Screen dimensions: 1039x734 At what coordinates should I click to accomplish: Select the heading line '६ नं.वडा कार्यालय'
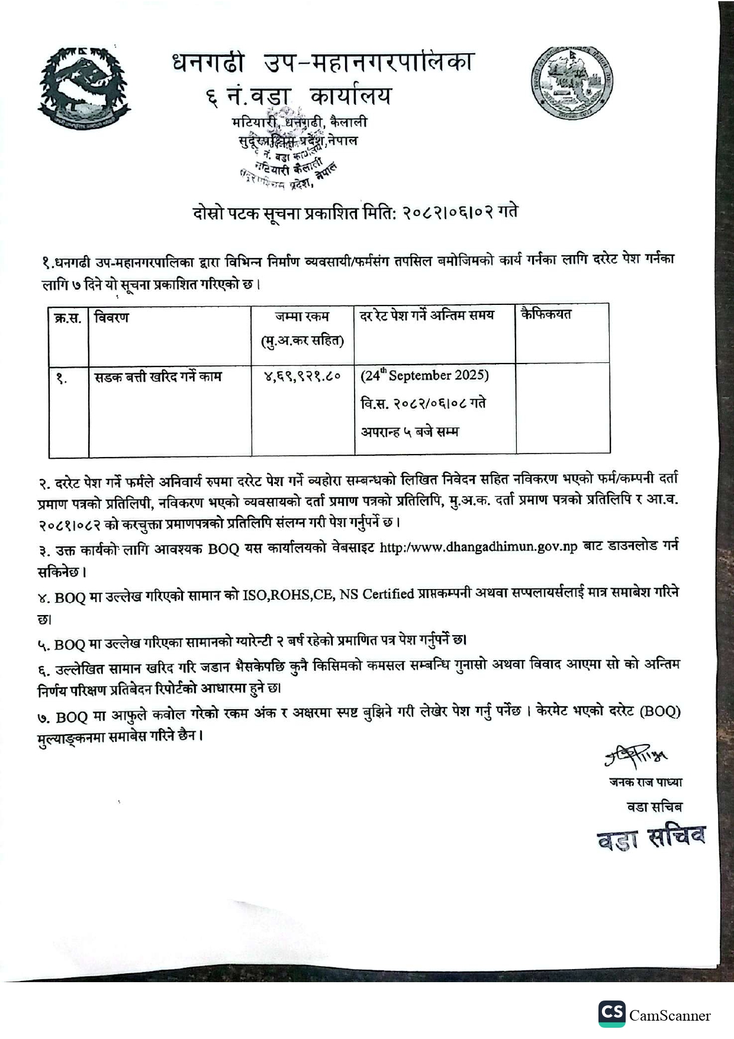pos(300,96)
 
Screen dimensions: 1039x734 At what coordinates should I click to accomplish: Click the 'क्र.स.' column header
pos(67,317)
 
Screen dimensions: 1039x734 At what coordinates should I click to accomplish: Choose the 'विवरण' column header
pos(111,317)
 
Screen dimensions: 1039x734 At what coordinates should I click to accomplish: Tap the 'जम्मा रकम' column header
pos(302,317)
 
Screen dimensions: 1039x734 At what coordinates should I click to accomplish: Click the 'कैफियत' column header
pos(546,314)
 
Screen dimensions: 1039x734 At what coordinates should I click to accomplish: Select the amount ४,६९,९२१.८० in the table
pos(302,376)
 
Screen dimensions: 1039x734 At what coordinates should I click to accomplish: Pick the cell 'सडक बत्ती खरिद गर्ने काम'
pos(158,377)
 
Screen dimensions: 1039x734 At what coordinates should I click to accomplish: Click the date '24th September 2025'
pos(425,375)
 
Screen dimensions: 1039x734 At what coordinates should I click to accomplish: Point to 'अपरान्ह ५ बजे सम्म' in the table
pos(410,432)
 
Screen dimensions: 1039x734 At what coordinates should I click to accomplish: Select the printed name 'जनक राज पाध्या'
pos(645,782)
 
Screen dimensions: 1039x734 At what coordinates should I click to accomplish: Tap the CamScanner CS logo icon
pos(611,1013)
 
